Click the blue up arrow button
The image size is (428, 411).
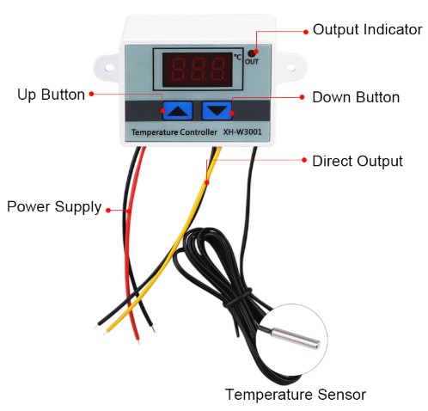click(x=178, y=111)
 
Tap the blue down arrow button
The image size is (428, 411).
click(x=217, y=111)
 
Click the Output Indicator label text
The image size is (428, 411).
click(x=367, y=29)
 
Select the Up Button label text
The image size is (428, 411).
click(x=51, y=95)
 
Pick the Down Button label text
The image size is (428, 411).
click(x=356, y=97)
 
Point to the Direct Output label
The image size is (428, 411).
click(x=358, y=161)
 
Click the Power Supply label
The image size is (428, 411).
click(x=54, y=207)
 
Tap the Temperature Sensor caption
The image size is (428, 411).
click(x=296, y=395)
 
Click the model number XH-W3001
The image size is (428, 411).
click(x=242, y=132)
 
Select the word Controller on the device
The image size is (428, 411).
click(x=199, y=132)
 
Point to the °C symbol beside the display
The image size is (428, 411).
click(x=237, y=57)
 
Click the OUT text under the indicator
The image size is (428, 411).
click(x=252, y=62)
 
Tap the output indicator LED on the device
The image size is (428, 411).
click(x=252, y=53)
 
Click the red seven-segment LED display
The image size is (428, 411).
click(x=198, y=69)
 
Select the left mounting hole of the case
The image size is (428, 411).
click(x=110, y=68)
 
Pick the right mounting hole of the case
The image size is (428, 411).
click(x=290, y=68)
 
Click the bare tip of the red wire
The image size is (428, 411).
click(x=138, y=341)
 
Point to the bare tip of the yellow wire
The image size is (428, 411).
click(x=105, y=333)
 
